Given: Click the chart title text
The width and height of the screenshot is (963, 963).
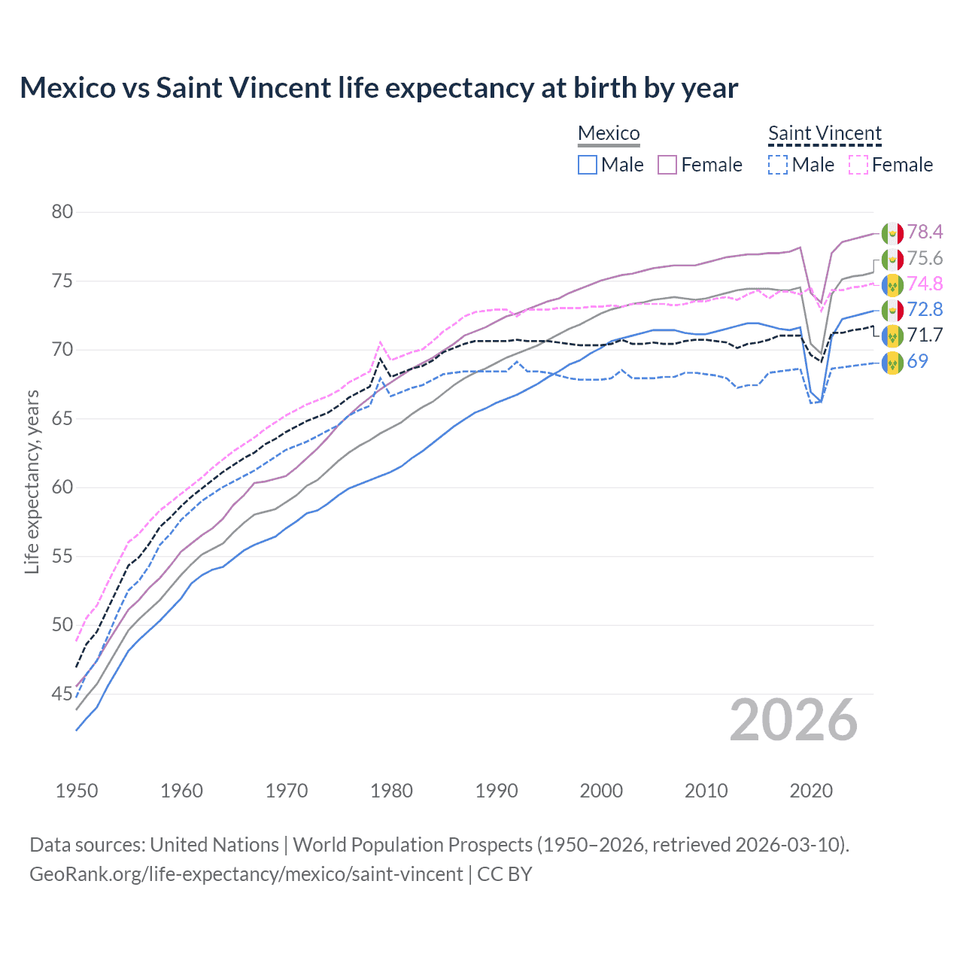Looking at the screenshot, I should [378, 88].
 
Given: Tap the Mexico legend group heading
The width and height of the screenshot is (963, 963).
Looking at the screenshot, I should [609, 133].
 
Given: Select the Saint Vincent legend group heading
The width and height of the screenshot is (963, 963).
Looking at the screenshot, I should [825, 133].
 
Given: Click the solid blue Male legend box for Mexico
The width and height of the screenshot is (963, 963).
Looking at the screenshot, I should [588, 165].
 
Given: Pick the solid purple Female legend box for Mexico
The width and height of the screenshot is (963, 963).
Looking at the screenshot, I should [667, 165].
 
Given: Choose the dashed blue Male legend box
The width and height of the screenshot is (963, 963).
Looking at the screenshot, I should [778, 165].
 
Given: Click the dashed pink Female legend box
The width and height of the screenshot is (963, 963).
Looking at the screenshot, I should [858, 165].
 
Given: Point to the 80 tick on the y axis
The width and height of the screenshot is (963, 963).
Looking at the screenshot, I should [62, 211].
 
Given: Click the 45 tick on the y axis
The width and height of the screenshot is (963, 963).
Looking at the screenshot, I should [62, 694].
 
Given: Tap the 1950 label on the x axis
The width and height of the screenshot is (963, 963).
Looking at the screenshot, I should [77, 791].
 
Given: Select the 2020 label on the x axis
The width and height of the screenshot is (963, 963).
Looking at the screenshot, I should [811, 791].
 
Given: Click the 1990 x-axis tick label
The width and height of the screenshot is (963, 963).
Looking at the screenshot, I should [497, 791].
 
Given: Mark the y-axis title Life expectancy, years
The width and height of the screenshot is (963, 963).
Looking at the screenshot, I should [32, 481].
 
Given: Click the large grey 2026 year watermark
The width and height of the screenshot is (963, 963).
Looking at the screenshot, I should [794, 721].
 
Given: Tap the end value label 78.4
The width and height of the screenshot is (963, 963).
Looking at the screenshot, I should [925, 232].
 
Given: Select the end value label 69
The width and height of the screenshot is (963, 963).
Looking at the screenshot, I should [917, 361].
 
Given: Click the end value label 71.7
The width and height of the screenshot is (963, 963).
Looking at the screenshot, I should [925, 336].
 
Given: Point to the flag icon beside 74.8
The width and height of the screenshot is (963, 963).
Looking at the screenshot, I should [892, 284].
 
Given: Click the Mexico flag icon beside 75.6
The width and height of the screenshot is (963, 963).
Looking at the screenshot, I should [892, 259].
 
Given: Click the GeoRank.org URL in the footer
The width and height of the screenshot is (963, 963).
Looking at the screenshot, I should [246, 874].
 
